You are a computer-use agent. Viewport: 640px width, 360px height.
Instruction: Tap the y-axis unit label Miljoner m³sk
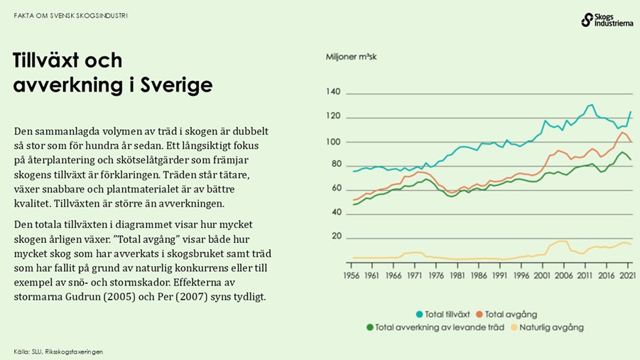pyautogui.click(x=351, y=56)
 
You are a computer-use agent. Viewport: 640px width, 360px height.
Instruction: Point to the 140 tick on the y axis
pyautogui.click(x=334, y=92)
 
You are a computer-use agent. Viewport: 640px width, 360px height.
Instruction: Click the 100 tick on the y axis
pyautogui.click(x=334, y=142)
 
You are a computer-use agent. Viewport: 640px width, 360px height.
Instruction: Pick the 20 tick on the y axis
pyautogui.click(x=335, y=236)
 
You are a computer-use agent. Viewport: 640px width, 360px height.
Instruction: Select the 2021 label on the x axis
pyautogui.click(x=625, y=273)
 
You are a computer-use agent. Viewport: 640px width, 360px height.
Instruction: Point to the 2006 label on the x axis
pyautogui.click(x=563, y=273)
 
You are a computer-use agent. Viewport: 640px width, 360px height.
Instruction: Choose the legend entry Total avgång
pyautogui.click(x=511, y=313)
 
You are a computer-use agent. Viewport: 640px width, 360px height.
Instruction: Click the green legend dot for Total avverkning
pyautogui.click(x=369, y=327)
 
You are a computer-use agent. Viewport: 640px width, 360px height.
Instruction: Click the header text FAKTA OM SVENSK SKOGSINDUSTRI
pyautogui.click(x=71, y=15)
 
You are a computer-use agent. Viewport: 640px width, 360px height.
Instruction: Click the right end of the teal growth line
pyautogui.click(x=631, y=111)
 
